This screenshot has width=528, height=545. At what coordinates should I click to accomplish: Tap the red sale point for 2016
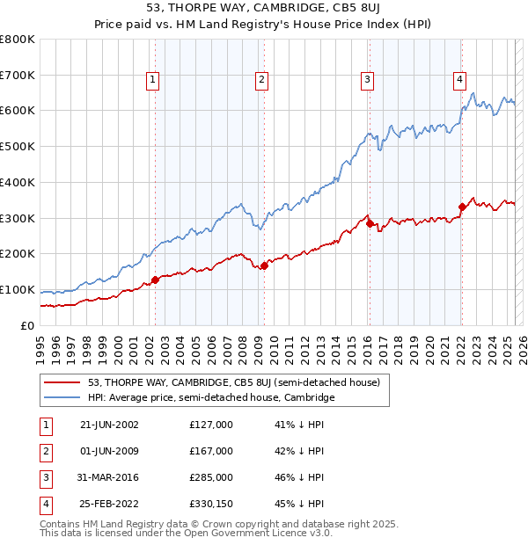(370, 222)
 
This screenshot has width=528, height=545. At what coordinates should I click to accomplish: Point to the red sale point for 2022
(462, 207)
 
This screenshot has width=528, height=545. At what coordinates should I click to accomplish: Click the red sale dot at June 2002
(156, 280)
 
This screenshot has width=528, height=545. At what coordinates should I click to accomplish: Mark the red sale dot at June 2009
(264, 265)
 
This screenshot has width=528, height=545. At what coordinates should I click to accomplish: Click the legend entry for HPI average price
(211, 397)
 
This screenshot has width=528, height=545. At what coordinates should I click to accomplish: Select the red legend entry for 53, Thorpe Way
(233, 382)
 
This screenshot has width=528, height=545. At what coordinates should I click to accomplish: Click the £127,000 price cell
(211, 425)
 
